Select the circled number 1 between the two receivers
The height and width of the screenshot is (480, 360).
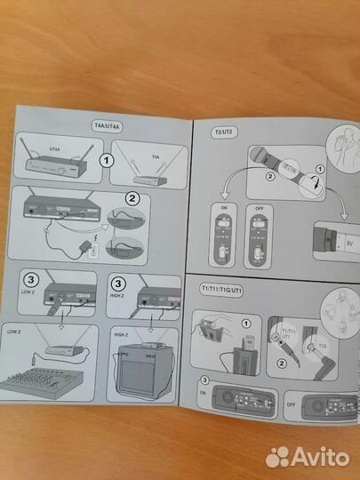coord(106,162)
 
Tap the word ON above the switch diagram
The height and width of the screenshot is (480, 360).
coord(224,207)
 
